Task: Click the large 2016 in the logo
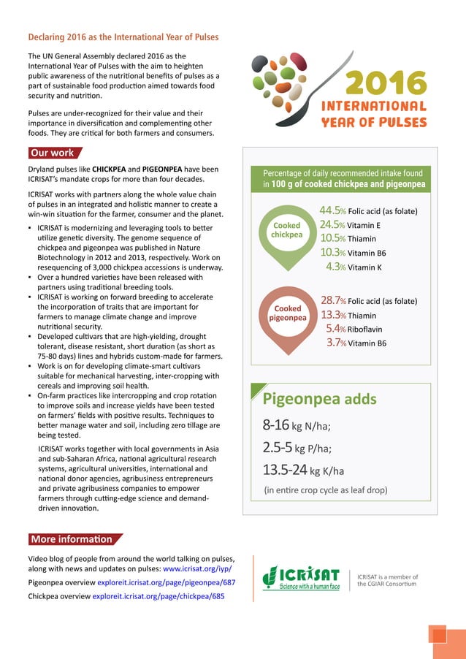pos(385,83)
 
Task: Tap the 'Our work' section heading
pos(52,153)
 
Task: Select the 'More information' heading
pos(72,539)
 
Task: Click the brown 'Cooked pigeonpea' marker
pos(286,314)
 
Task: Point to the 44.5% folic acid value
pos(368,211)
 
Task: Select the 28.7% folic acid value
pos(368,301)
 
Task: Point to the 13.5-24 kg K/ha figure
pos(303,470)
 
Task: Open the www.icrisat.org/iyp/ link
pos(197,568)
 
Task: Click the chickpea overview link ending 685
pos(158,596)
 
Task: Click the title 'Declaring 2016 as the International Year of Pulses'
pos(123,37)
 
